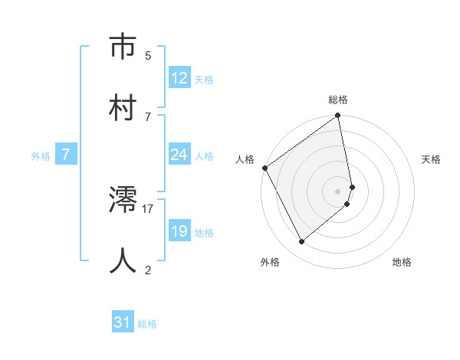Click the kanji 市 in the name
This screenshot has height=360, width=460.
[x=123, y=47]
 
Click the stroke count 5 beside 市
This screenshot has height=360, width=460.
[x=148, y=55]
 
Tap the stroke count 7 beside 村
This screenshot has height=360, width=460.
[x=148, y=116]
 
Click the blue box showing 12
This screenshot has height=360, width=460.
[x=179, y=78]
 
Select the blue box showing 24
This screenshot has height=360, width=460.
[x=179, y=155]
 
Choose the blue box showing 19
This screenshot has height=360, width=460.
[x=179, y=232]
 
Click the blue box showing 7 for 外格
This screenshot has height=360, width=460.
[x=66, y=155]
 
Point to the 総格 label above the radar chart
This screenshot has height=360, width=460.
[x=338, y=100]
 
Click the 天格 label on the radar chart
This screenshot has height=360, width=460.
[x=432, y=159]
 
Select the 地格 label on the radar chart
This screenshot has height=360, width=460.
[x=402, y=262]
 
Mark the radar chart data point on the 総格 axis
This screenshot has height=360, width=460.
[x=338, y=117]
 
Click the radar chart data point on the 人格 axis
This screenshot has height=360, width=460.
[x=264, y=168]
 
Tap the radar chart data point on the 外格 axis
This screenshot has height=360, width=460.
[x=302, y=242]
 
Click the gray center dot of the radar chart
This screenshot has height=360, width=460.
[x=338, y=191]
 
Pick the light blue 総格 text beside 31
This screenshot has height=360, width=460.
[x=148, y=324]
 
